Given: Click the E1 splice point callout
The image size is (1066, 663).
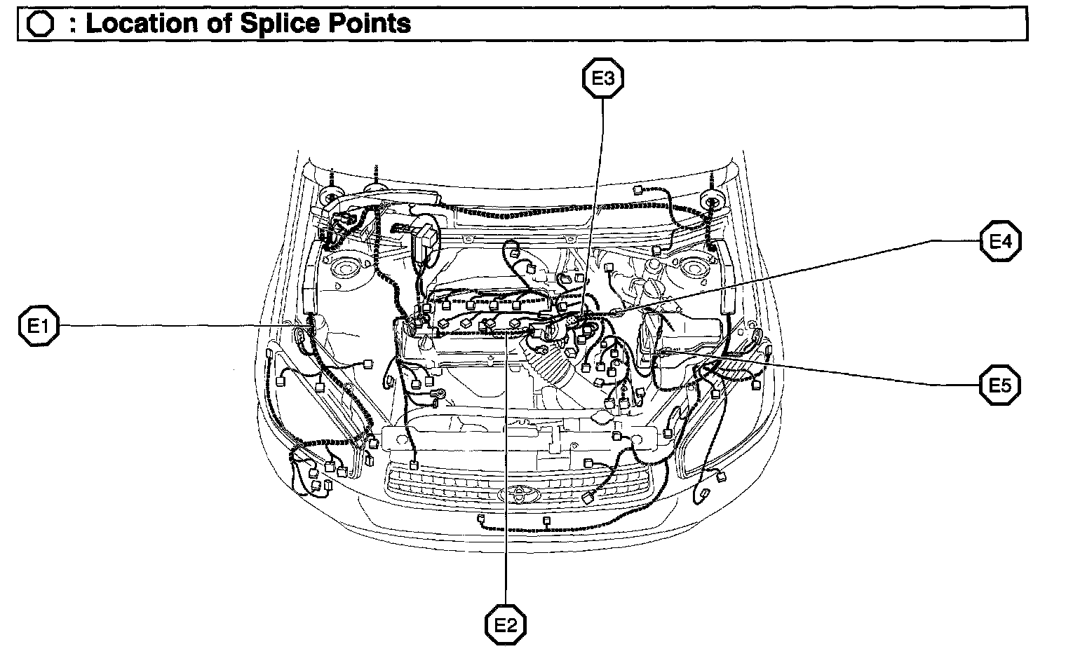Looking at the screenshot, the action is pos(38,326).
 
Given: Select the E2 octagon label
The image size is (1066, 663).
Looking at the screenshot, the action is pos(506,624).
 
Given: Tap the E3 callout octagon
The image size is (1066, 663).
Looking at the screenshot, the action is pos(603,78).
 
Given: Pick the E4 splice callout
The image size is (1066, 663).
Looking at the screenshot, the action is pos(1000,242).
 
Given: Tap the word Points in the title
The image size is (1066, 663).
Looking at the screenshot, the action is pos(372,24).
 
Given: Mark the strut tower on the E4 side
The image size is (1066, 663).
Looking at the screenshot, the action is pos(694,269).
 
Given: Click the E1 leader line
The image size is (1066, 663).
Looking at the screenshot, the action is pos(175,325).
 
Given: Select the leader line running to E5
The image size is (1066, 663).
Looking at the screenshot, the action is pos(842,372).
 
